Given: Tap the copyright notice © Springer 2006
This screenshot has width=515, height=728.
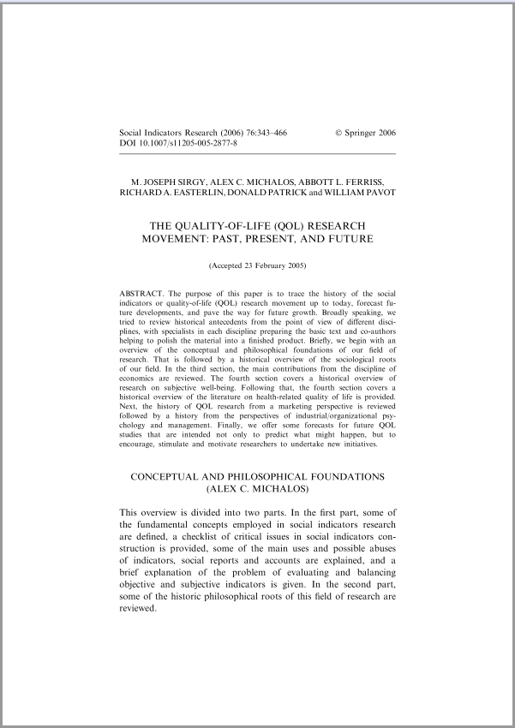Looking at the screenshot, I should (x=366, y=133).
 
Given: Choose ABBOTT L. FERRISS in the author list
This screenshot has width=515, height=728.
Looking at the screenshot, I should (x=346, y=182).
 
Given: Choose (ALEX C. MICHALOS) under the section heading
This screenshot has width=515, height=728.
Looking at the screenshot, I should (x=257, y=488).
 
